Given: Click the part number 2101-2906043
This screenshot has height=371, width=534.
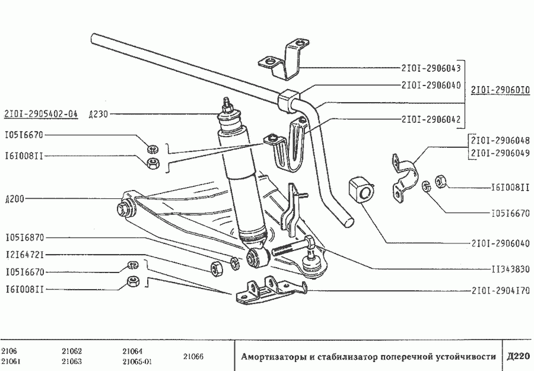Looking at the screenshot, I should coord(431,68).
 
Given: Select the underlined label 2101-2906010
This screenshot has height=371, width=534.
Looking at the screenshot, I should coord(501,91).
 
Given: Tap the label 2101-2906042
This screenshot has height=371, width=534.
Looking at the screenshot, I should coord(431,119).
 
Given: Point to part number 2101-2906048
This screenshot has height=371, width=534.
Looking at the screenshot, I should coord(500,141).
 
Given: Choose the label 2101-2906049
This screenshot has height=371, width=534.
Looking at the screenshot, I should coord(500,153).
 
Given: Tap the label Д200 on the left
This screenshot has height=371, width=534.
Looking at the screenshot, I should coord(14,199).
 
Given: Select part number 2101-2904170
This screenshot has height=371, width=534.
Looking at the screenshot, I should coord(501,291).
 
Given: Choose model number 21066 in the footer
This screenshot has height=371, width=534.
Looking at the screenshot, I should coord(192,356).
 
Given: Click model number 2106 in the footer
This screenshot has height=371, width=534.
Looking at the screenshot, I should coord(9,350).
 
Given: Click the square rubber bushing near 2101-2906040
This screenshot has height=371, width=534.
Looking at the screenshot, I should coord(361,191).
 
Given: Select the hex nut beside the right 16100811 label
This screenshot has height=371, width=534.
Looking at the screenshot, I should coord(441,180).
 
